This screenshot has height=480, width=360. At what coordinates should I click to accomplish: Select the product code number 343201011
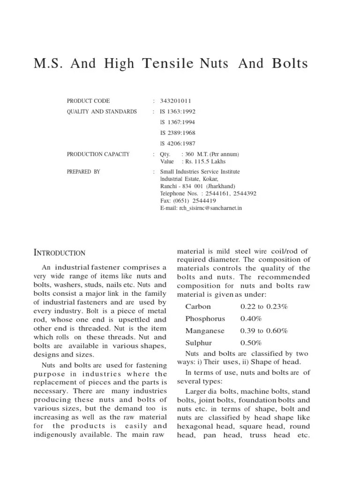[x=175, y=101]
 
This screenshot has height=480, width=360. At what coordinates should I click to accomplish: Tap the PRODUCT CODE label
[x=88, y=101]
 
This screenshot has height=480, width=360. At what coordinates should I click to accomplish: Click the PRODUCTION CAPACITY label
[x=98, y=154]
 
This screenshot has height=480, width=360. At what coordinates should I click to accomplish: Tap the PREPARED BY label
[x=83, y=172]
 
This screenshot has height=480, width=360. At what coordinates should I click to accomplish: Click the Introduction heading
[x=60, y=253]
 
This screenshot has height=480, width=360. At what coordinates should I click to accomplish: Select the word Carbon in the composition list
[x=198, y=307]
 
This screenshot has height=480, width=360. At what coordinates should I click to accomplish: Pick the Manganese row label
[x=205, y=330]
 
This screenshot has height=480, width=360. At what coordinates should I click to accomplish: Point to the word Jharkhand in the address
[x=224, y=186]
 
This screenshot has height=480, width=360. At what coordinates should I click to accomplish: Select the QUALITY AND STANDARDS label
[x=102, y=112]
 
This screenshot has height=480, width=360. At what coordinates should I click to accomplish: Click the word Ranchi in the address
[x=169, y=186]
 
